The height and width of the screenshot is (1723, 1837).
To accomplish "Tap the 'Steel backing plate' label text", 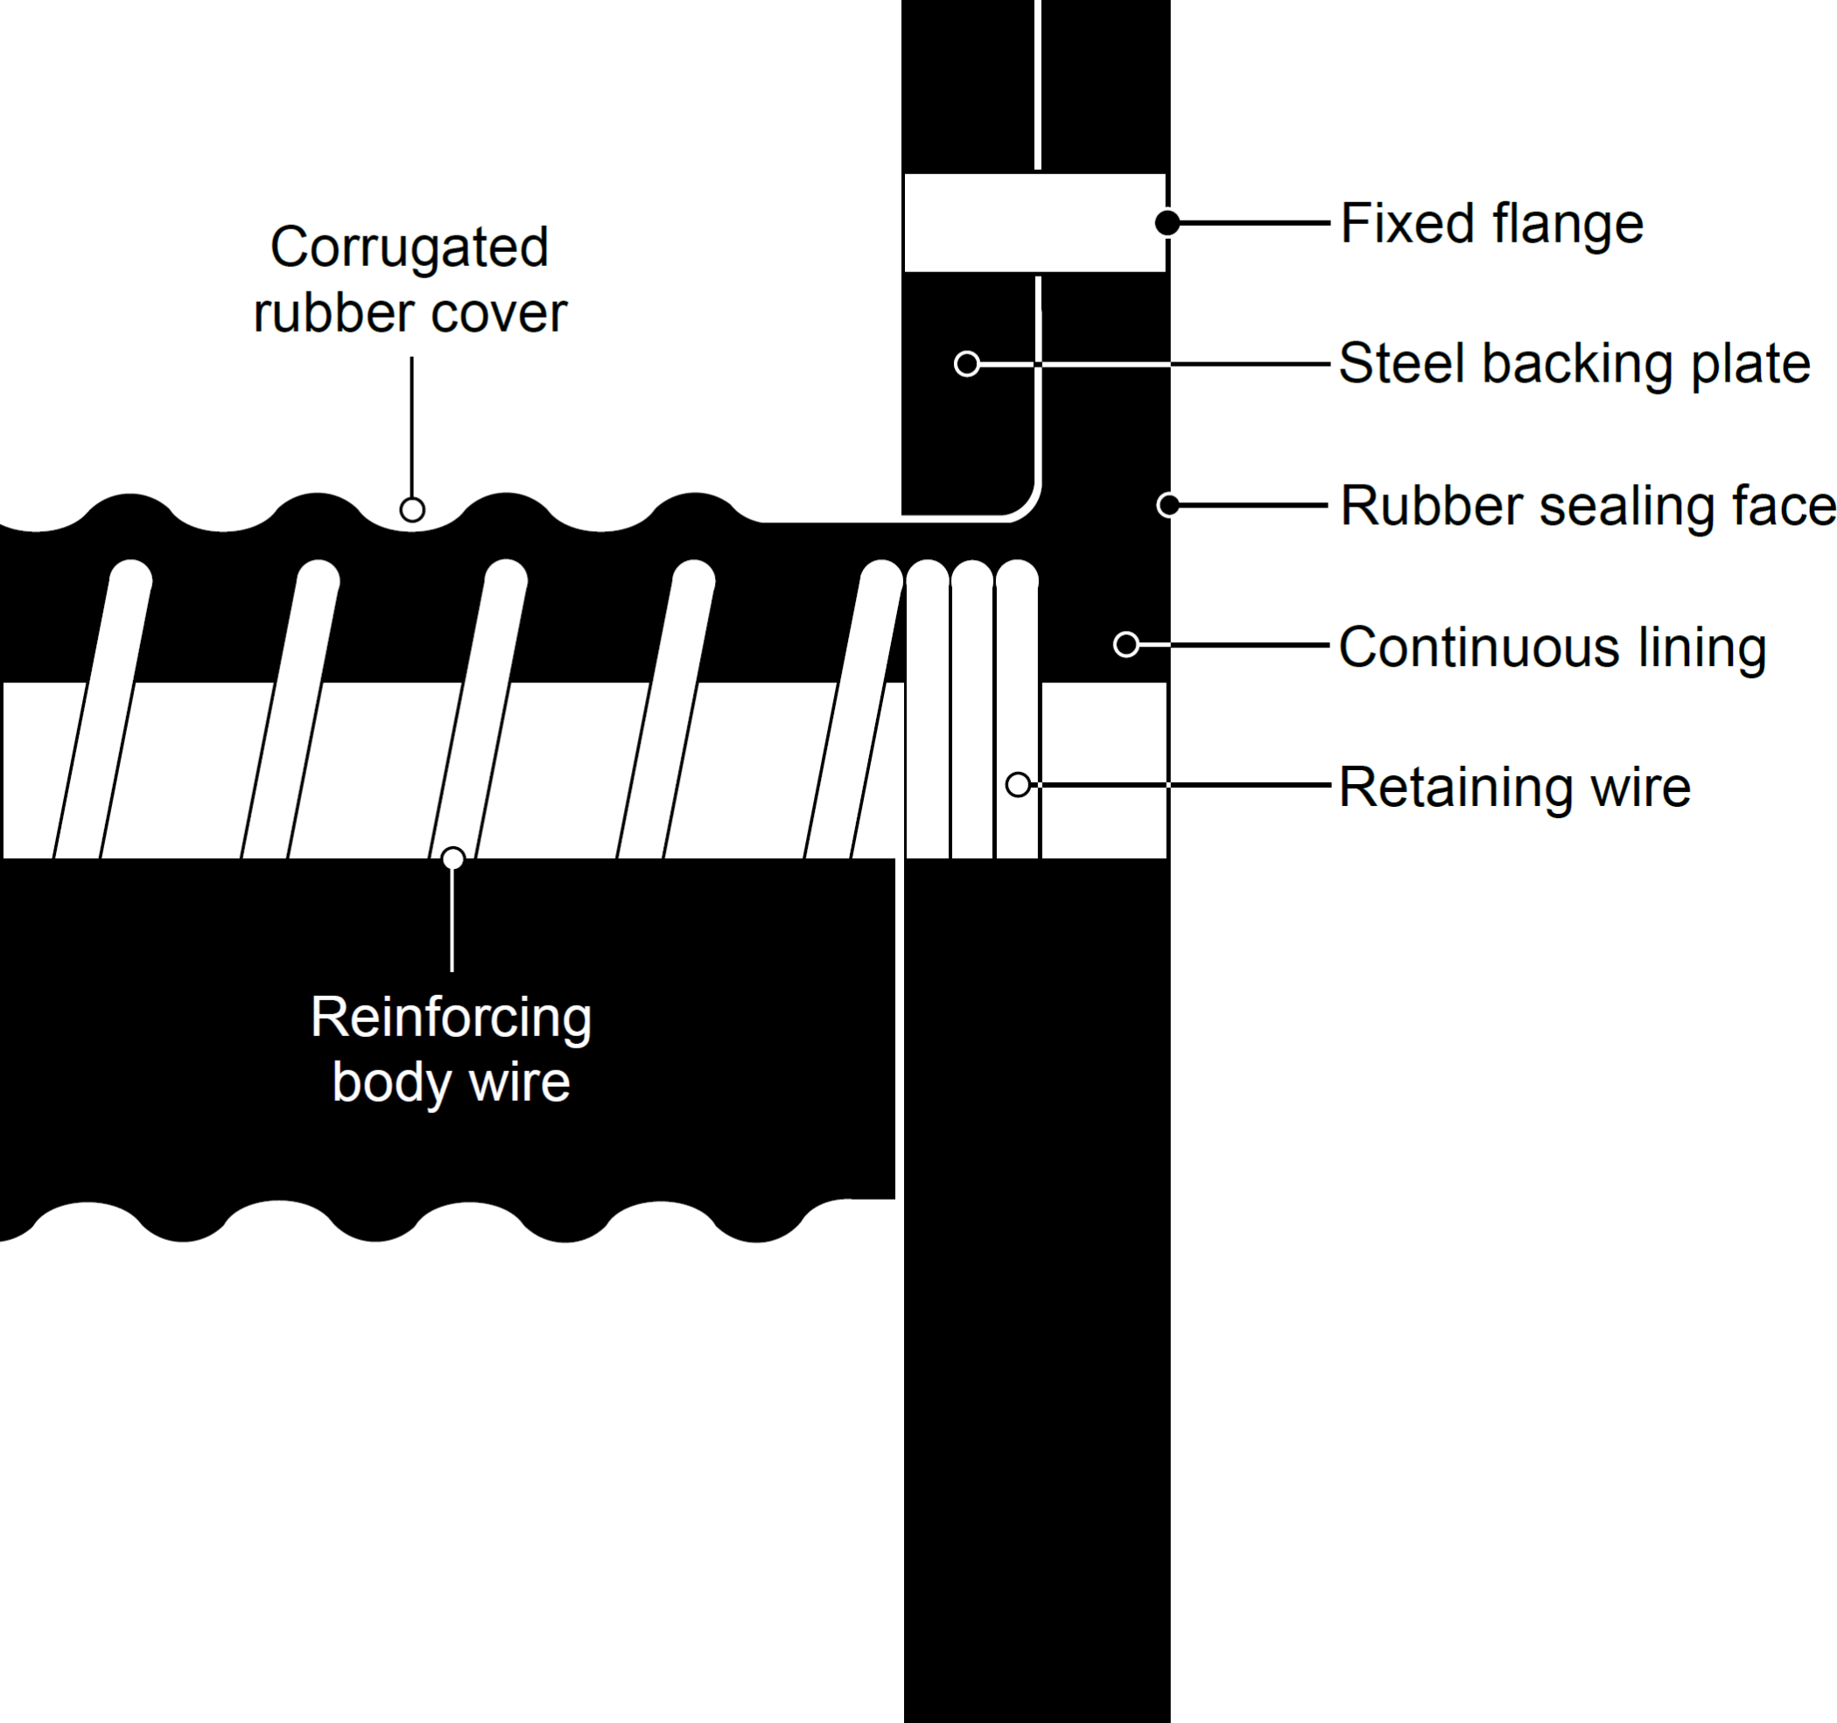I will [x=1574, y=364].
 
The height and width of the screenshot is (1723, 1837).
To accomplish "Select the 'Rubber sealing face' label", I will [x=1588, y=507].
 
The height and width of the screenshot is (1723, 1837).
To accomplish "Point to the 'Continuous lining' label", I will [x=1553, y=647].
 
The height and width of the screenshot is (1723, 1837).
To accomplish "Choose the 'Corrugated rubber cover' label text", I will [x=410, y=280].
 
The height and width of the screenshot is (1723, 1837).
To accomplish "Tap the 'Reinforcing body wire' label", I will [x=451, y=1049].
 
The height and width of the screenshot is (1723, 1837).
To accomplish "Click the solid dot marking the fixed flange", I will [x=1168, y=222].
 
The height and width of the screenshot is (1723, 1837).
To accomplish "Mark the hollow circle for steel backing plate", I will [x=966, y=364].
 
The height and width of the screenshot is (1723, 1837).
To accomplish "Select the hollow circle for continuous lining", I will [x=1125, y=644].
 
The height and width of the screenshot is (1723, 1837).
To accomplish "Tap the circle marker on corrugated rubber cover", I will [x=412, y=509].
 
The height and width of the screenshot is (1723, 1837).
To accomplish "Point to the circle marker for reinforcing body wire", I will [x=452, y=858].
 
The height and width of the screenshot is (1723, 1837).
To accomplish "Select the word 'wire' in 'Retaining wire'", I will [x=1636, y=788].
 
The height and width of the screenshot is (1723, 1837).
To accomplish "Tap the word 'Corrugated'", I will [x=410, y=248].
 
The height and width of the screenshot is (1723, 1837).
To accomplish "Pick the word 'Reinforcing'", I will [x=451, y=1017].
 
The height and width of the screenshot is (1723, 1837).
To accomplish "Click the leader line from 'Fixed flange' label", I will [x=1253, y=222].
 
